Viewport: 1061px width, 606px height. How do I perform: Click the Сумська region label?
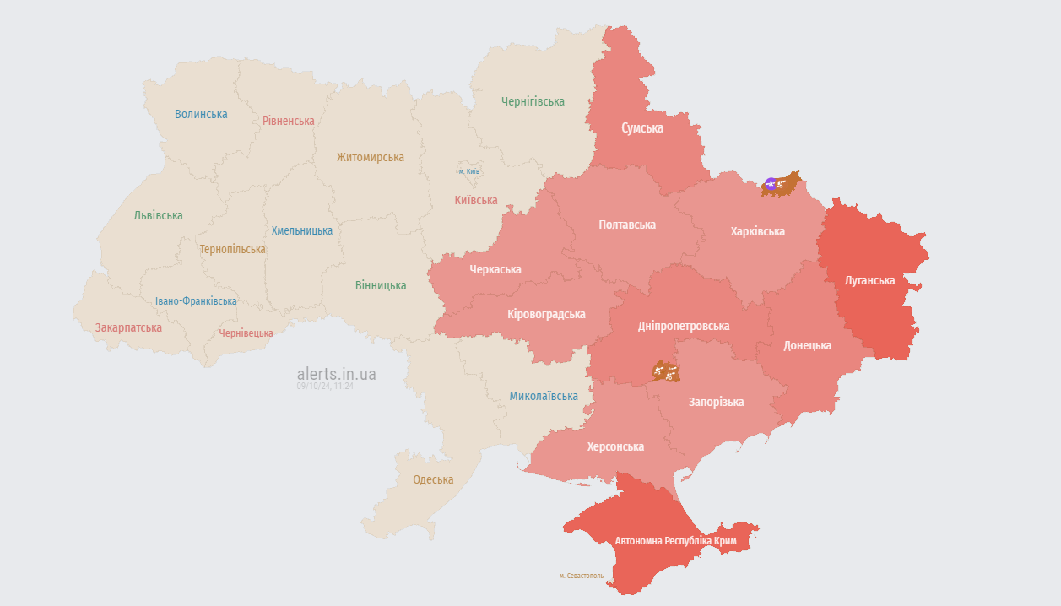641,128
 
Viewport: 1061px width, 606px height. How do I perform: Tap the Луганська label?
869,280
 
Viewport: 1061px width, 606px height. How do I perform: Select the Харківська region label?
757,231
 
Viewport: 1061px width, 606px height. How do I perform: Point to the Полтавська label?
626,225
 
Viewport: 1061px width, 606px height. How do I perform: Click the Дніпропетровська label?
684,326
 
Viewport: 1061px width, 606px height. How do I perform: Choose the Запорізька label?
716,402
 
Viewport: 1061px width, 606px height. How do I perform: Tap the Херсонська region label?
615,446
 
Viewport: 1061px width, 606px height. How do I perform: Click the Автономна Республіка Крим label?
675,540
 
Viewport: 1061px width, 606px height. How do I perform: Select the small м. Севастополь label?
582,576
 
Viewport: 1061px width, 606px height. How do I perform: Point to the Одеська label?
433,479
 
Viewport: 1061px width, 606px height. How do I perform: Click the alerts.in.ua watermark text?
337,374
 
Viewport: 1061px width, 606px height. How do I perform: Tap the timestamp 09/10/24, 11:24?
325,387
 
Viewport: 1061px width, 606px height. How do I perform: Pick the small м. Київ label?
469,171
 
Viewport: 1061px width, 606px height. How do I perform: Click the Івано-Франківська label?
196,300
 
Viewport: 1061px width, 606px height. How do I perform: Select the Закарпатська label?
128,327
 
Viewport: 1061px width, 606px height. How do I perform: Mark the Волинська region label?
201,114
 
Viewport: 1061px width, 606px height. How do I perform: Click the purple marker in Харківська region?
770,183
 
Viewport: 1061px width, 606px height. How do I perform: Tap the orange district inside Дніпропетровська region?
666,371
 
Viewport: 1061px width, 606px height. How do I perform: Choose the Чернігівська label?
533,101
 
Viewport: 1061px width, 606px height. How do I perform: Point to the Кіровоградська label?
546,314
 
